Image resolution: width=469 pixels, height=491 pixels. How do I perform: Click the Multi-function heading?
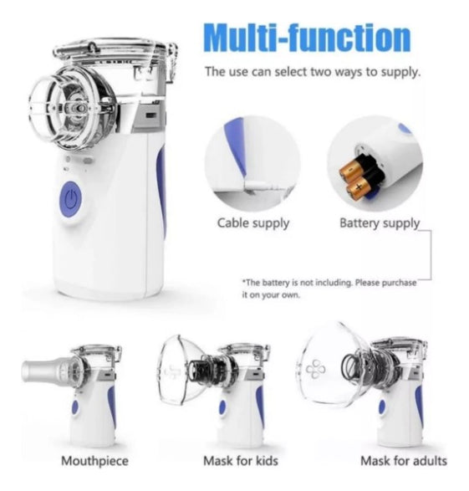pos(308,37)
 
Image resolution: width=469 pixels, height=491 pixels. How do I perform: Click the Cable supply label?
pos(253,223)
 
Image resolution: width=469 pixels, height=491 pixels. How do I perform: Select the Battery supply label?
pos(379,223)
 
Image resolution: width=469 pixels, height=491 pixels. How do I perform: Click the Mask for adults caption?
pos(403,460)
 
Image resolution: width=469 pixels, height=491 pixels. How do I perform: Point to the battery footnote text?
pos(329,289)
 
